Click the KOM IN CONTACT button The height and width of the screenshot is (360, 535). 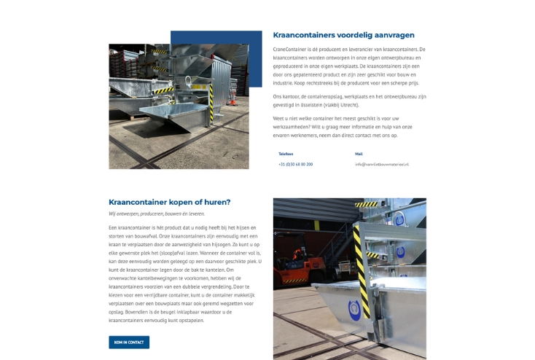(129, 342)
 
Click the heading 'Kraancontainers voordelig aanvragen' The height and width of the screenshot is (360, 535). (343, 35)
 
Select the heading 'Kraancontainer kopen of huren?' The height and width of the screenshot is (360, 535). (169, 202)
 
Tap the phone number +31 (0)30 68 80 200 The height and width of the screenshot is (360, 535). (295, 164)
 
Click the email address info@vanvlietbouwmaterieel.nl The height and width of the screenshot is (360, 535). (381, 164)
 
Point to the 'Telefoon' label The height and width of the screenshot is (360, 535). (286, 154)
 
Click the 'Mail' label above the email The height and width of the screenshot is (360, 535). (359, 154)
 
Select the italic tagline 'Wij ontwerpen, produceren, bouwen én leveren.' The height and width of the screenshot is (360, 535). (157, 214)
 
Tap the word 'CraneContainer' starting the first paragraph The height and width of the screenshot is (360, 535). (289, 50)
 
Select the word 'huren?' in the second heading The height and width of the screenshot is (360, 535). (216, 202)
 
